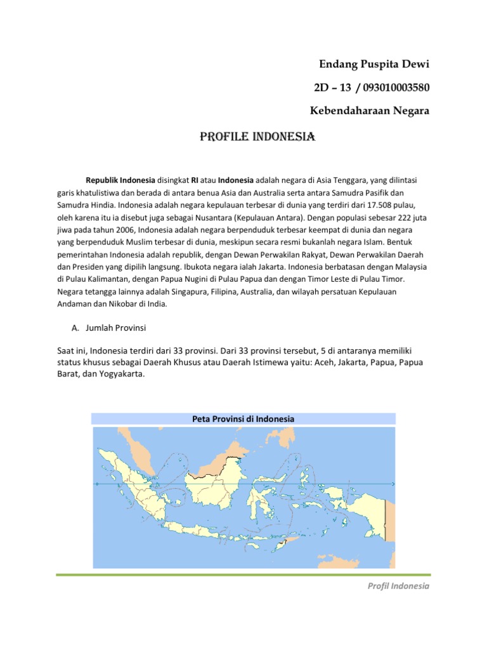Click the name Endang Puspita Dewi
(373, 64)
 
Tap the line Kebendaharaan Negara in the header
(369, 111)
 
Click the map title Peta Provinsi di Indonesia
(243, 419)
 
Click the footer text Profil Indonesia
(399, 586)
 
